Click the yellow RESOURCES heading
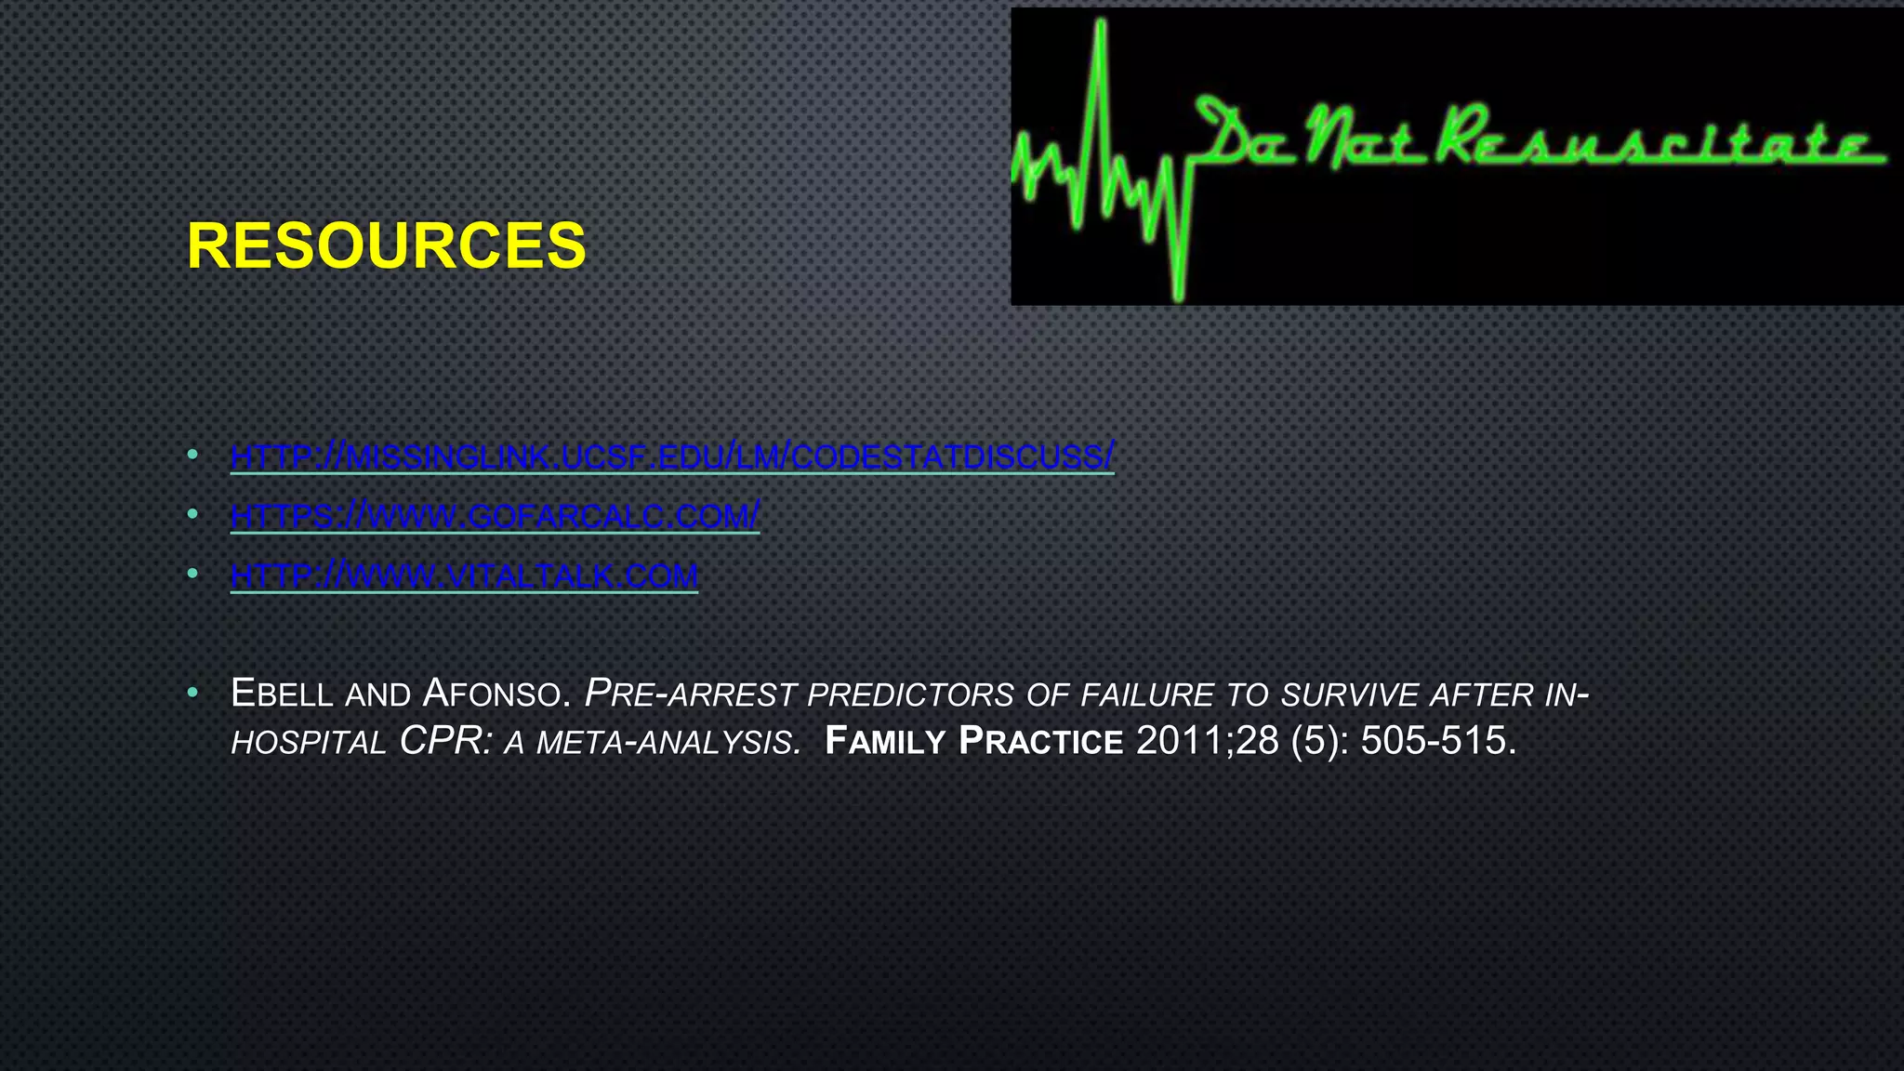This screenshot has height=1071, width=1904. pos(386,246)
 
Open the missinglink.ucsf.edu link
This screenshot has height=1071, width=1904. pos(671,456)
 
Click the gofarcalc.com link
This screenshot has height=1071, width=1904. pos(495,515)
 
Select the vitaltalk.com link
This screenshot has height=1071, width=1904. pos(464,575)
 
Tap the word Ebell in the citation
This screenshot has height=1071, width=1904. pos(282,694)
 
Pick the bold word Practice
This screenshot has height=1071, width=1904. pos(1041,741)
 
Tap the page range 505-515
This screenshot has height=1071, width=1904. pos(1437,741)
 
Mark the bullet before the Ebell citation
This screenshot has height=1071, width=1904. pos(192,693)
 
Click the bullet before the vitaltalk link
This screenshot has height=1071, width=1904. pos(192,574)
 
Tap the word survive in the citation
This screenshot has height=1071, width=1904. pos(1350,694)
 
